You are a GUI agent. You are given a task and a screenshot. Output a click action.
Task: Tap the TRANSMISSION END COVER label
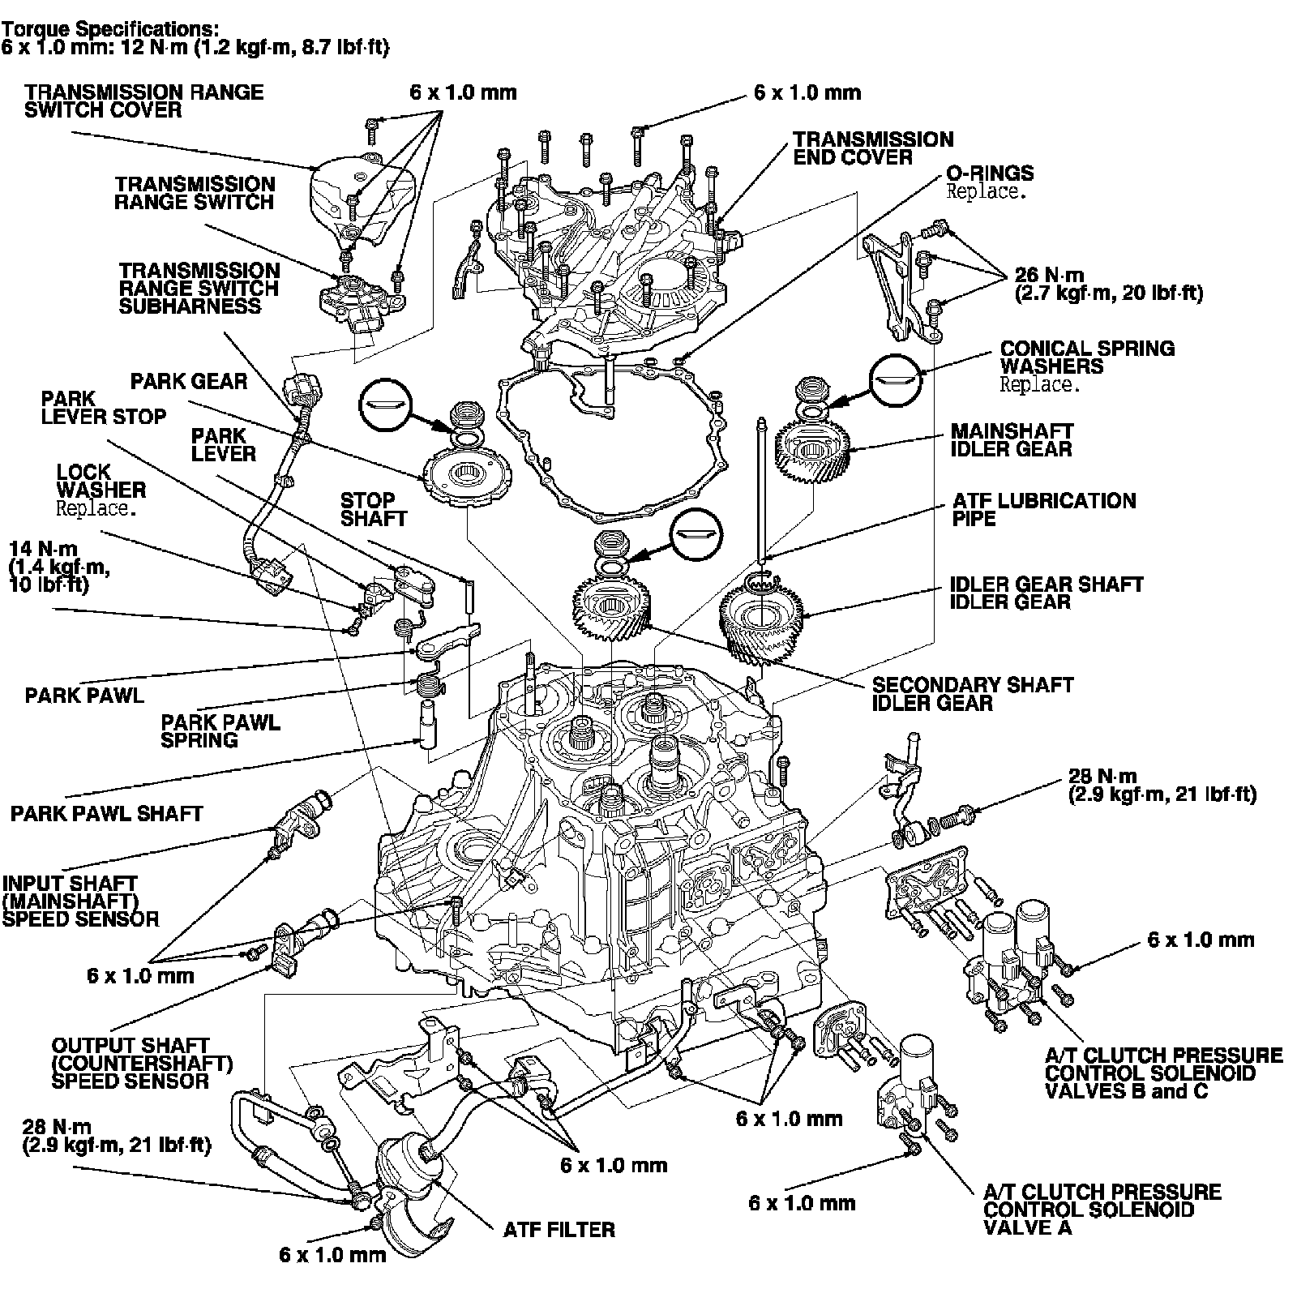tap(873, 148)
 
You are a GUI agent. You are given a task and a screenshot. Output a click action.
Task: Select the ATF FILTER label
tap(559, 1230)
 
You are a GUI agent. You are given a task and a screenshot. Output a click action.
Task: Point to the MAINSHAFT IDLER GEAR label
tap(1011, 439)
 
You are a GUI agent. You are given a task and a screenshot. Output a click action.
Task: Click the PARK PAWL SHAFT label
tap(106, 813)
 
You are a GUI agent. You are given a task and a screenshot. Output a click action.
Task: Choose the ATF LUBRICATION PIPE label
tap(1044, 509)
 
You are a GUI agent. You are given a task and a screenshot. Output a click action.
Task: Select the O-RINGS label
tap(989, 173)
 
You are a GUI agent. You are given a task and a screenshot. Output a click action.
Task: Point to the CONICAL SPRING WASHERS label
tap(1086, 358)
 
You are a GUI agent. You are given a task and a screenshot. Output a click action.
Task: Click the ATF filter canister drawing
tap(409, 1161)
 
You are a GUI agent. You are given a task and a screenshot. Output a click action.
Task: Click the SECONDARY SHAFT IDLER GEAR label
tap(971, 693)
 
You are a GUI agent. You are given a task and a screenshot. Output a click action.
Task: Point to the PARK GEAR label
tap(188, 381)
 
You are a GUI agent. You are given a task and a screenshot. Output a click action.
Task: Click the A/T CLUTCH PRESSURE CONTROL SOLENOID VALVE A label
tap(1101, 1209)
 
